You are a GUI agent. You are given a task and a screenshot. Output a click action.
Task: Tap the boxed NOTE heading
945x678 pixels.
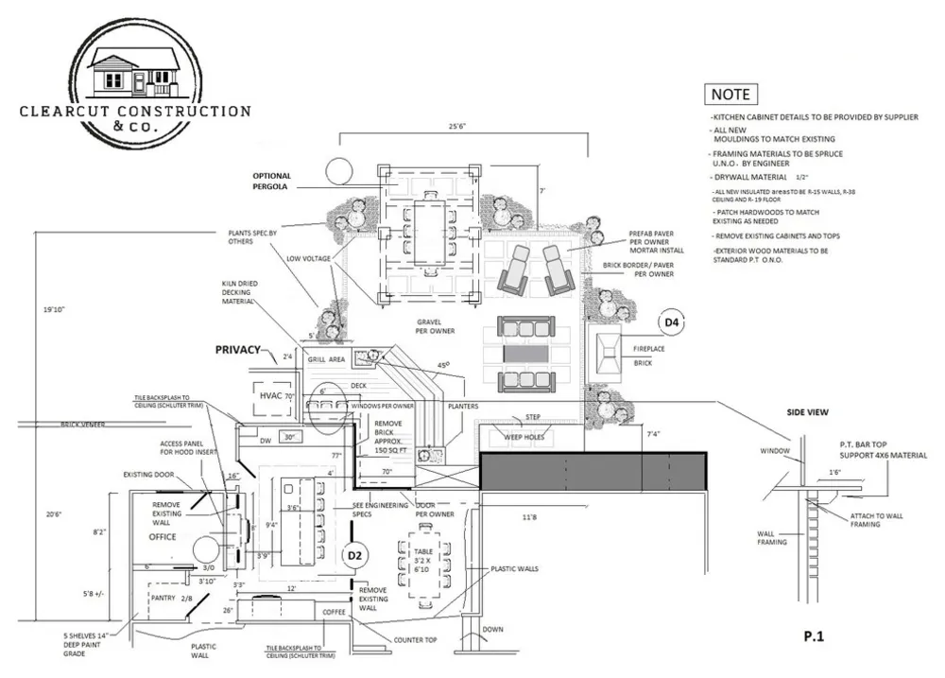tap(730, 95)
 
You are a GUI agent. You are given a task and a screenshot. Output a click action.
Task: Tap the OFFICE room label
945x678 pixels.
tap(163, 536)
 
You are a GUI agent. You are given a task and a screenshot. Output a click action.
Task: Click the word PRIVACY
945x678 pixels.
tap(237, 350)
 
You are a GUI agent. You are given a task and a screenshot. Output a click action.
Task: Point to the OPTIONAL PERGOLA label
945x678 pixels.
tap(272, 182)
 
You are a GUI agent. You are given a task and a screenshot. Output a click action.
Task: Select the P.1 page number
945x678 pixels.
tap(815, 638)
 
